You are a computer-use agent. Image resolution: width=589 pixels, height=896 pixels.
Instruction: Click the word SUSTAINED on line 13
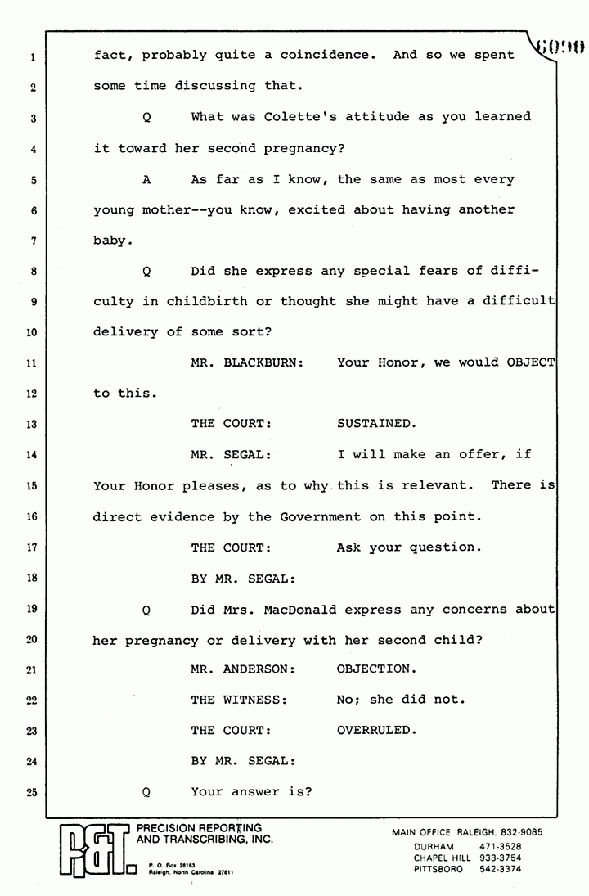coord(375,424)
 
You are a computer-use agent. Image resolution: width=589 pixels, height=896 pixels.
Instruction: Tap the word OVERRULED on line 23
coord(375,730)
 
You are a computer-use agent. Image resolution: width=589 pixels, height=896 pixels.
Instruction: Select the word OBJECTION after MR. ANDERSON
coord(375,669)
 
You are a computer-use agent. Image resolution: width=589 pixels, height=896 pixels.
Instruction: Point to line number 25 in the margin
coord(29,792)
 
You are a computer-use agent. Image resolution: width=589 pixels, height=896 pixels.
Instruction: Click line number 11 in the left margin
coord(29,362)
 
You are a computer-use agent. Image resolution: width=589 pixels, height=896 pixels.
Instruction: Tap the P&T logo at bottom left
coord(94,851)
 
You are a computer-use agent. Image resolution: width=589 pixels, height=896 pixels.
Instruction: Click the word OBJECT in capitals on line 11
coord(530,362)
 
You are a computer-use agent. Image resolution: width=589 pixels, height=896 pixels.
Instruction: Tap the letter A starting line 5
coord(146,179)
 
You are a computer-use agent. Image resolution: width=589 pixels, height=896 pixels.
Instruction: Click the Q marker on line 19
coord(146,610)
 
